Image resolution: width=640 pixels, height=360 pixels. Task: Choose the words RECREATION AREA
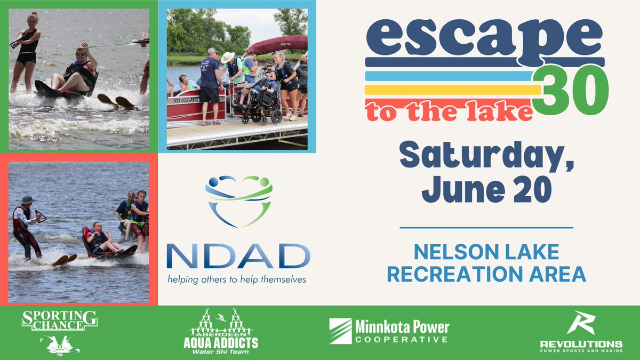coord(486,274)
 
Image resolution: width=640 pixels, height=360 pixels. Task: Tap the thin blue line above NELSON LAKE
coord(486,228)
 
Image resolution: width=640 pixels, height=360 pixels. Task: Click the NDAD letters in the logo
coord(238,257)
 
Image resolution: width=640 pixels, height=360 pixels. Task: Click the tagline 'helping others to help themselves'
coord(238,279)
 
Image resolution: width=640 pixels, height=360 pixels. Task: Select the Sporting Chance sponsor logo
coord(59,332)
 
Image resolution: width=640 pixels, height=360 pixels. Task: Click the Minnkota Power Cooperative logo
coord(389,332)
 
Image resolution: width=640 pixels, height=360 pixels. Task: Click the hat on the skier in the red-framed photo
coord(27,199)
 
